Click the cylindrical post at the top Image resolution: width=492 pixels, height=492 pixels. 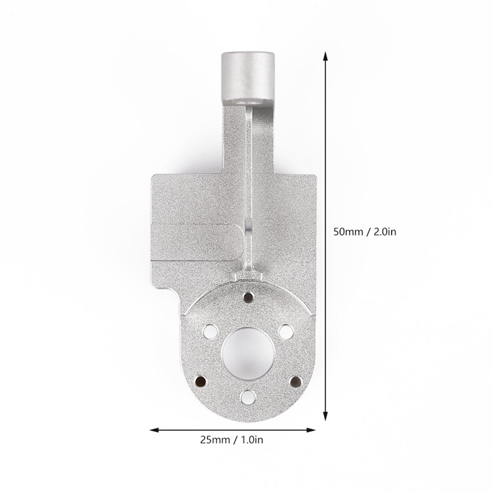coord(247,78)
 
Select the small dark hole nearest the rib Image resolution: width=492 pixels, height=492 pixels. coord(249,296)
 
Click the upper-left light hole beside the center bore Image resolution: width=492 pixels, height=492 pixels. coord(210,331)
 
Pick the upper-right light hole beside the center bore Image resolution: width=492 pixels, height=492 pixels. coord(286,332)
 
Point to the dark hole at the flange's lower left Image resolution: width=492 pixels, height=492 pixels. coord(200,381)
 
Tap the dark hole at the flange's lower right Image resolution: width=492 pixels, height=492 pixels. coord(295,381)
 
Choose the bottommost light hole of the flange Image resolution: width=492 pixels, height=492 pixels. coord(247,397)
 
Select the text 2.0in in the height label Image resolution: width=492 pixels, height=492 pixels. coord(384,232)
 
